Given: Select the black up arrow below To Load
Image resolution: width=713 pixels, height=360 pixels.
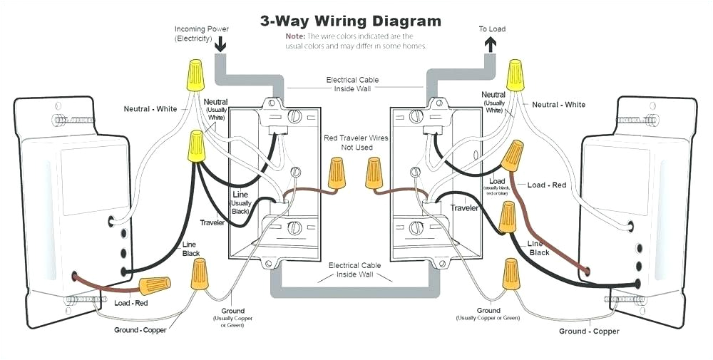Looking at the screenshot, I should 491,44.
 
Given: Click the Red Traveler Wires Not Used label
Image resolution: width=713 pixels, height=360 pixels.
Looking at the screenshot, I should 356,143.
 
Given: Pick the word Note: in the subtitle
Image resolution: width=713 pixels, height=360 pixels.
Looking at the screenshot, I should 295,36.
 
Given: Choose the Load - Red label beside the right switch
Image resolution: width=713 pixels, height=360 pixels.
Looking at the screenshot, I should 547,185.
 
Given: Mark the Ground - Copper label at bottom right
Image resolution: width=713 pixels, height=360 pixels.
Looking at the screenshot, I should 589,331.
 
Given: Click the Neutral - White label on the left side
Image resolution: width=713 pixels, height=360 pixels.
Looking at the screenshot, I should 150,109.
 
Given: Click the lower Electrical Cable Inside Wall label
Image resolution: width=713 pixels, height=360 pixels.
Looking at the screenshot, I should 354,269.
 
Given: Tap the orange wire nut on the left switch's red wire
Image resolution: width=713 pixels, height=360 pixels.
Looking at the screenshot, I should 154,287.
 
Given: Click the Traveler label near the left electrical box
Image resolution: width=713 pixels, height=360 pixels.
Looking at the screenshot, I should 212,223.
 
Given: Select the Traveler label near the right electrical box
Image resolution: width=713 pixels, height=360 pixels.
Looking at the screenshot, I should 464,208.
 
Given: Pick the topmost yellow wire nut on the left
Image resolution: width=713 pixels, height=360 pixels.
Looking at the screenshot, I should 193,75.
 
